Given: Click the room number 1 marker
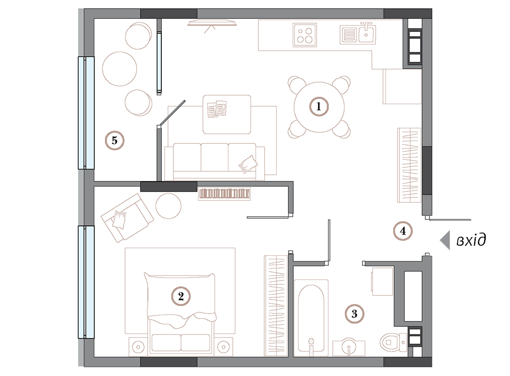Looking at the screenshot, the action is click(x=318, y=106).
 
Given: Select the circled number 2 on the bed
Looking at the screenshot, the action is click(x=181, y=296).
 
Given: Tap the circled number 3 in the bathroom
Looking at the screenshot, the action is click(x=354, y=314).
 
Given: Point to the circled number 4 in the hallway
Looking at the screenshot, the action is click(x=403, y=231).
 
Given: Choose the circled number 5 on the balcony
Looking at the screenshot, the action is click(x=114, y=140).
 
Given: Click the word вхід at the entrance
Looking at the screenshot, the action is click(x=471, y=240).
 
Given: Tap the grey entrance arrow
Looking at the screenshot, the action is click(x=445, y=240).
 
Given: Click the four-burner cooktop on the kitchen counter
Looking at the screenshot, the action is click(x=305, y=35).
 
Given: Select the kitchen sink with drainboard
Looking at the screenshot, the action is click(x=358, y=33).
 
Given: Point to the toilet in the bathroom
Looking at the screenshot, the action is click(x=393, y=342).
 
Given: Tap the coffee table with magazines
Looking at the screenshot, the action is click(x=227, y=114).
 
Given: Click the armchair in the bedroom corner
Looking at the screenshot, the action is click(x=127, y=218).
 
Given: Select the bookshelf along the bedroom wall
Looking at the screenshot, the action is click(x=224, y=194).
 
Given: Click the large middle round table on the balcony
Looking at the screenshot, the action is click(x=119, y=69).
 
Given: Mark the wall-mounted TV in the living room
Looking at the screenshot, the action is click(x=212, y=23).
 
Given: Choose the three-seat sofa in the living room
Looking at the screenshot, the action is click(x=214, y=161).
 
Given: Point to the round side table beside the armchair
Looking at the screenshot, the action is click(x=168, y=206).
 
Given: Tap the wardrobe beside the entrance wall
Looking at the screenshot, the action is click(x=409, y=165).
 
